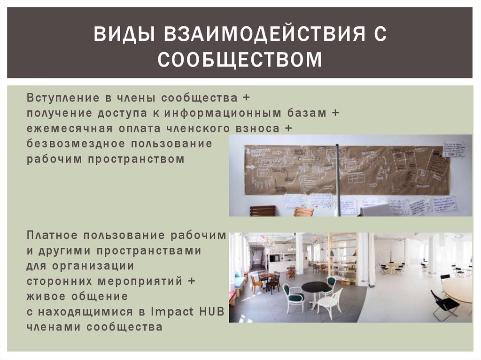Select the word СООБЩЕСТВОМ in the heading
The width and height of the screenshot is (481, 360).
pyautogui.click(x=240, y=60)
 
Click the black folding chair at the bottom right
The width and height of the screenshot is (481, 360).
pyautogui.click(x=444, y=305)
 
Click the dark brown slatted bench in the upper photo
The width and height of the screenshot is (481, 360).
pyautogui.click(x=263, y=211)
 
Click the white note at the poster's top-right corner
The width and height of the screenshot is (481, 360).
pyautogui.click(x=454, y=149)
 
